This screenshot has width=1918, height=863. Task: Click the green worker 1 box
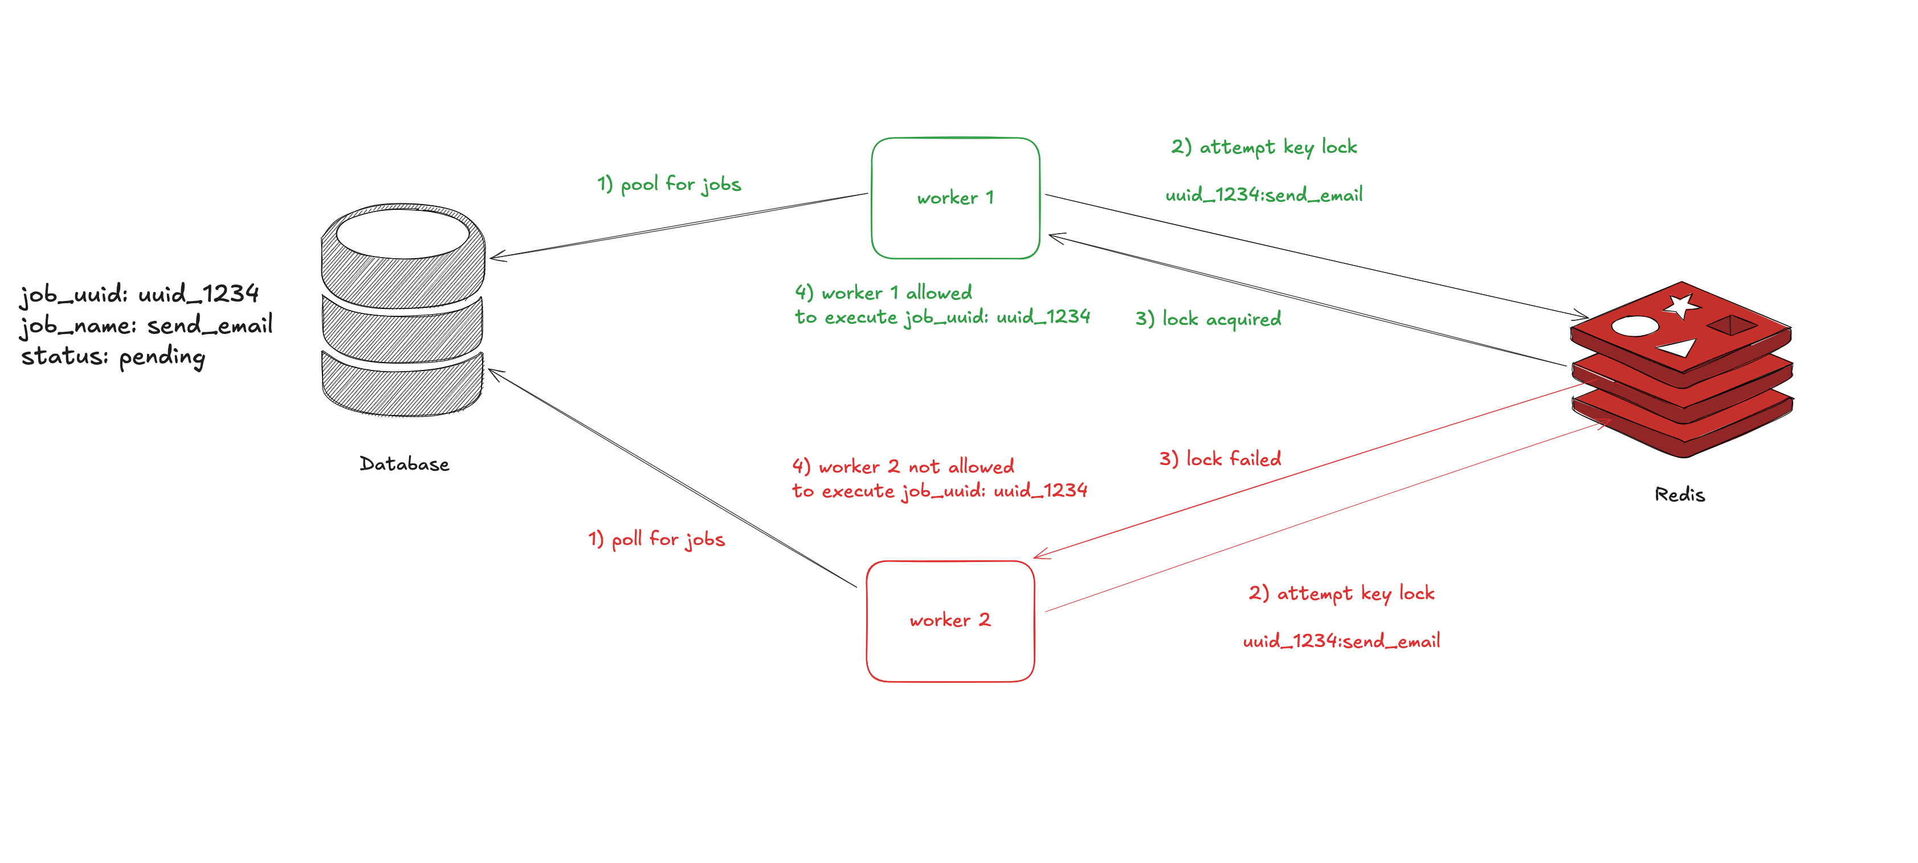tap(955, 198)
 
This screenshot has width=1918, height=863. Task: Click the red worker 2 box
tap(950, 620)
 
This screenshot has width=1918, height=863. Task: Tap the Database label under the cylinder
tap(405, 464)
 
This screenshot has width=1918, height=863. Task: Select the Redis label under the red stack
tap(1679, 494)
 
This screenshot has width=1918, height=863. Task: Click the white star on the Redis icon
tap(1682, 306)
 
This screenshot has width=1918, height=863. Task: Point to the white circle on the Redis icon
tap(1634, 326)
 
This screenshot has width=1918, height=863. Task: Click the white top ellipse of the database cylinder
tap(403, 233)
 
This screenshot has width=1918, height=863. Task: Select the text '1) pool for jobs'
tap(668, 184)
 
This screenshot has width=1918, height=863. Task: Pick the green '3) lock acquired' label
tap(1207, 319)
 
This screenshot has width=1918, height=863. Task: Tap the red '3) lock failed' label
tap(1219, 459)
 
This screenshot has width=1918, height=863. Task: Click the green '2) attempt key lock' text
tap(1263, 146)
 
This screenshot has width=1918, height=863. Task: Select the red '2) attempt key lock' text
tap(1341, 593)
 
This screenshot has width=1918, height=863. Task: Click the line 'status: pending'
tap(113, 357)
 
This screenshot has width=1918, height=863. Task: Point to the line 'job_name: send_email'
tap(146, 325)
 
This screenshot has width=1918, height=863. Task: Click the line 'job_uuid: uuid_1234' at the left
tap(139, 294)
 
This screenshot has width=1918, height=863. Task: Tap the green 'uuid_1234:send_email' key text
tap(1263, 195)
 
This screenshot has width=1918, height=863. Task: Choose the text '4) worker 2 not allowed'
tap(903, 467)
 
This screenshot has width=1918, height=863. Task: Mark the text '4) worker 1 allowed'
tap(883, 292)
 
